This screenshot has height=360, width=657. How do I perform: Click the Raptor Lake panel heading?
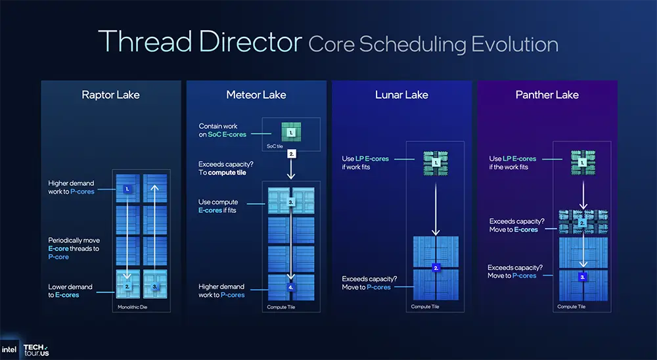[110, 95]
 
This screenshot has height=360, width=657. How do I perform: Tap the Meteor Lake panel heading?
[256, 95]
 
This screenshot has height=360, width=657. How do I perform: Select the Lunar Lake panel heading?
[401, 95]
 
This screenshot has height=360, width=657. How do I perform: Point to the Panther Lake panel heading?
[547, 95]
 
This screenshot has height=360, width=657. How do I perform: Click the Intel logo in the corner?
[10, 349]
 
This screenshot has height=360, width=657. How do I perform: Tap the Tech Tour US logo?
[36, 349]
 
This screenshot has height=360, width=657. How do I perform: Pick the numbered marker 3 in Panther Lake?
[582, 277]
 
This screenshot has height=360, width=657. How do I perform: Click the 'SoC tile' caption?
[274, 146]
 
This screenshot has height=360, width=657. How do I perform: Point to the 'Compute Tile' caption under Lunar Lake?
[421, 307]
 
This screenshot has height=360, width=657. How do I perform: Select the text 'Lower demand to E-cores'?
[70, 291]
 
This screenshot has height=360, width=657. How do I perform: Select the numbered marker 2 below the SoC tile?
[292, 153]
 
